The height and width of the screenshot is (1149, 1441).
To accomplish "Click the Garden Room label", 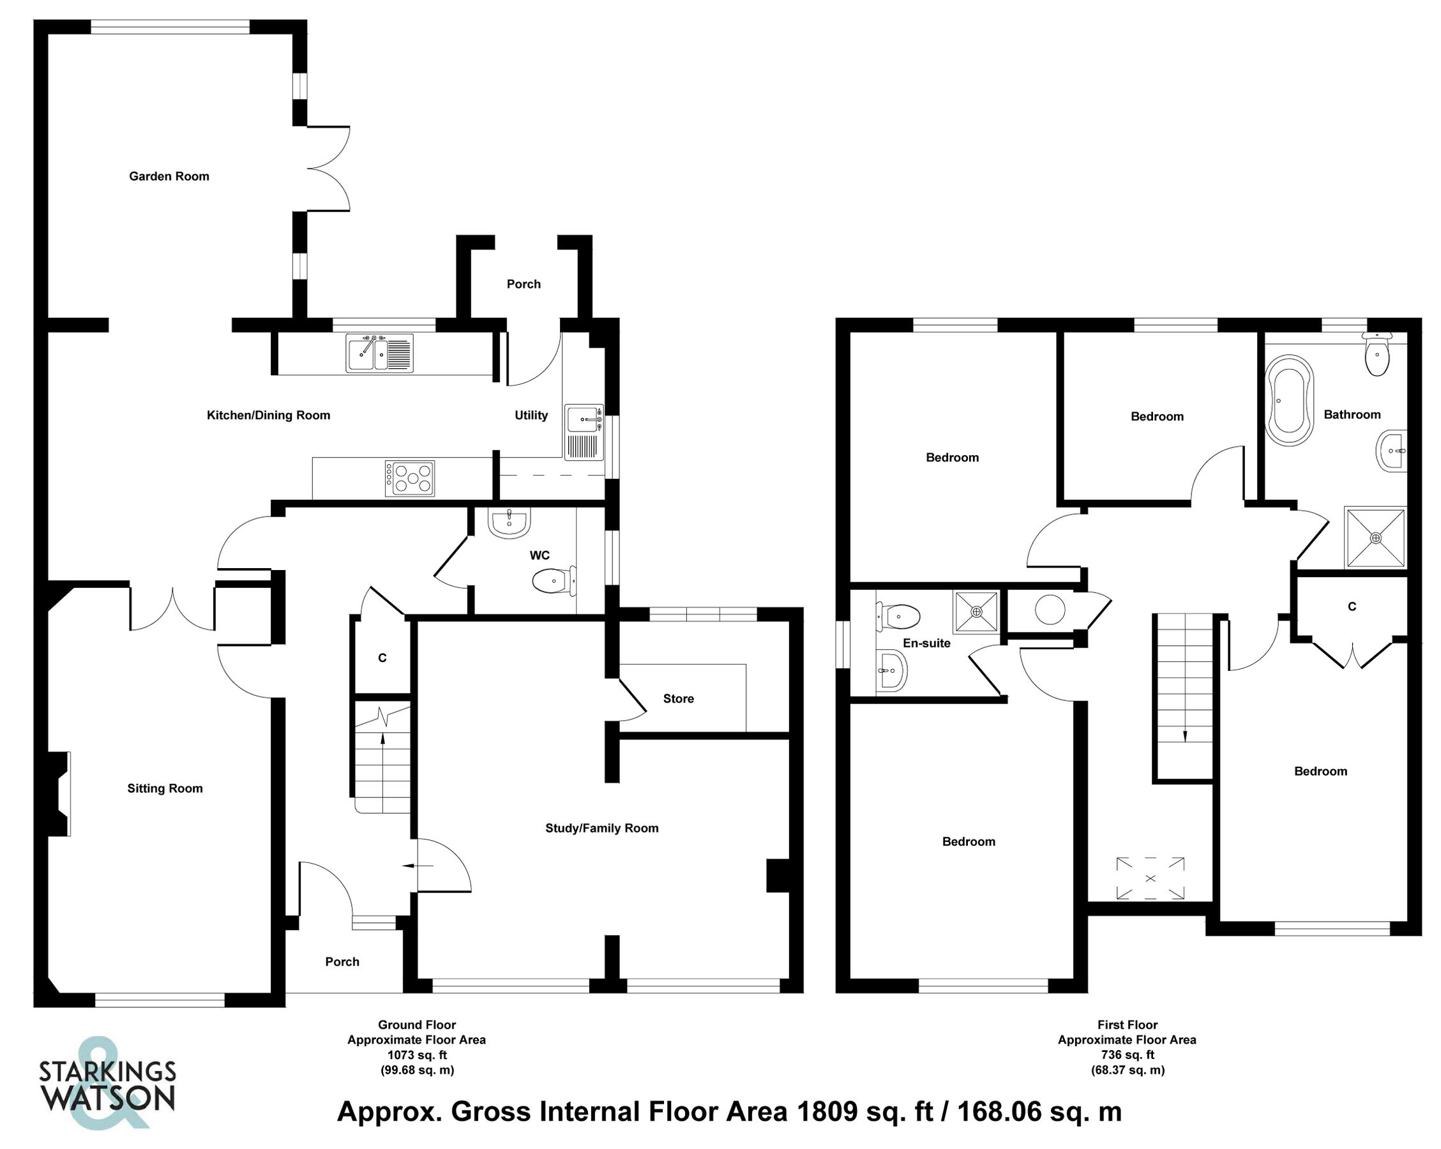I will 169,176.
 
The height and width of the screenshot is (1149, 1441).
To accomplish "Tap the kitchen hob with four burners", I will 410,479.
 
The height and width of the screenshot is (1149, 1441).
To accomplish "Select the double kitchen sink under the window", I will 379,353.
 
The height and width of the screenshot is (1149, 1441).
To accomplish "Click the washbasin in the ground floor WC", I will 509,522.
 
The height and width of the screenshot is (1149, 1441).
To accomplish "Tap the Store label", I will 678,698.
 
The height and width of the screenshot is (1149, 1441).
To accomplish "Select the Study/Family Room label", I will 601,828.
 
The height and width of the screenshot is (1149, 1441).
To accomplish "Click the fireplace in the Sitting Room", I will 60,794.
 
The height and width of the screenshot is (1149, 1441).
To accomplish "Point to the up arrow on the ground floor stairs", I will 382,738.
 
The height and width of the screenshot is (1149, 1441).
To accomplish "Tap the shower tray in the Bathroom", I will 1375,537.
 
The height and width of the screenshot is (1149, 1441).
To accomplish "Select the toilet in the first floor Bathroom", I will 1377,356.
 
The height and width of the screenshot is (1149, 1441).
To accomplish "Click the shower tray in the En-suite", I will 976,611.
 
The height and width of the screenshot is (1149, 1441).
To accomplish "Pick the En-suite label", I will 926,643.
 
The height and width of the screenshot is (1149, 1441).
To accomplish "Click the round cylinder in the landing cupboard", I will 1050,610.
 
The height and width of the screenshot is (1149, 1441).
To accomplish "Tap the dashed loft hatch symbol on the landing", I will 1150,878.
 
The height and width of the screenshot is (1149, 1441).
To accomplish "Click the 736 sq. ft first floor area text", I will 1127,1055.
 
